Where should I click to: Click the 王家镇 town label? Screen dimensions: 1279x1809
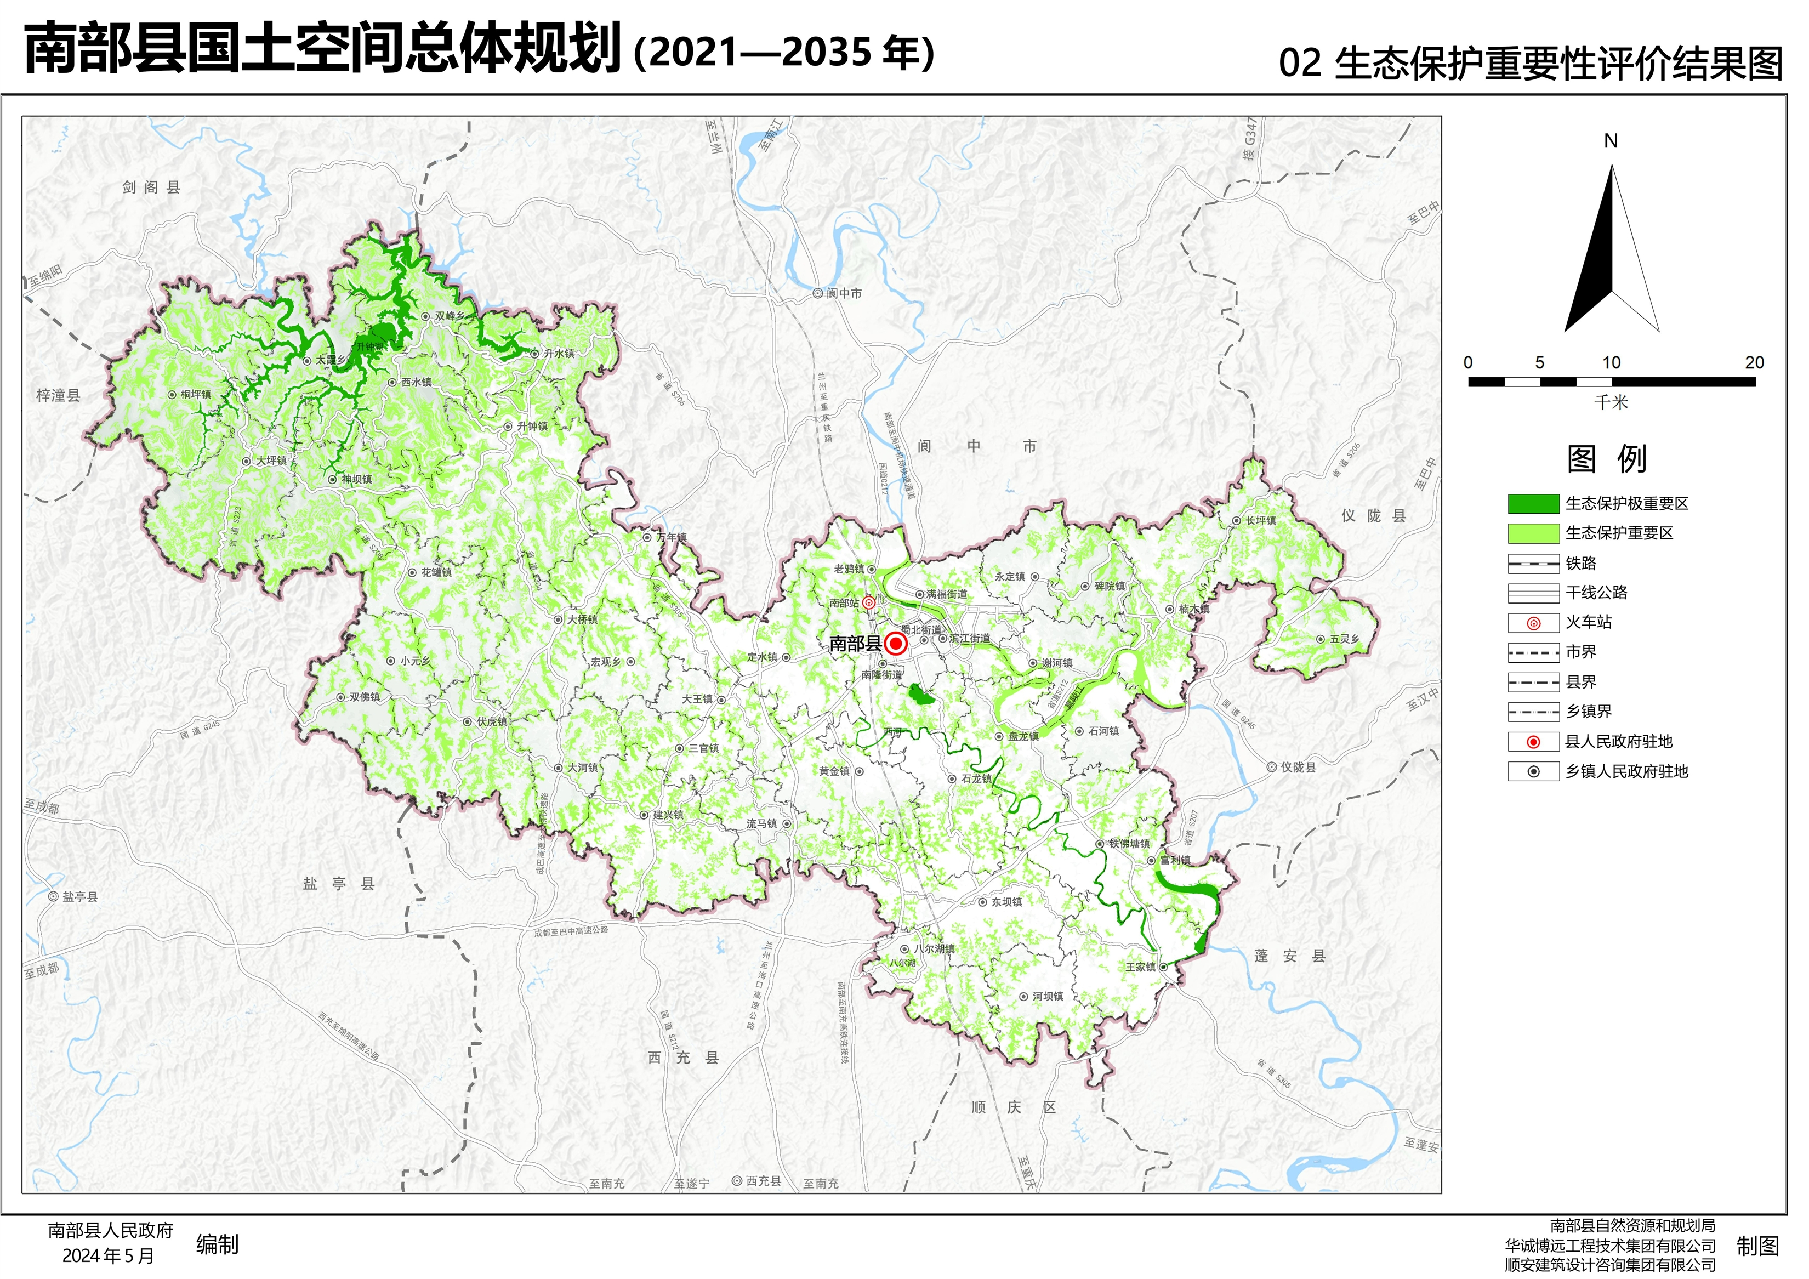[x=1140, y=967]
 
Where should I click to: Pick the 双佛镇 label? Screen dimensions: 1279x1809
[x=365, y=697]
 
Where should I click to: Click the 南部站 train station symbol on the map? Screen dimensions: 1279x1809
[x=868, y=604]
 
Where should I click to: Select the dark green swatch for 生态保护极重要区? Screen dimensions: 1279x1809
[x=1533, y=504]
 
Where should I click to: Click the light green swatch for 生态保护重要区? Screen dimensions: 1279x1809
[x=1533, y=533]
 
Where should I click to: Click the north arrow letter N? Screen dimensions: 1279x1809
[x=1611, y=141]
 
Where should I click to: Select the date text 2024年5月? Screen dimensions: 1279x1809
[x=108, y=1256]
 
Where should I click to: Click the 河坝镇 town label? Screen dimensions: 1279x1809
[x=1048, y=997]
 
